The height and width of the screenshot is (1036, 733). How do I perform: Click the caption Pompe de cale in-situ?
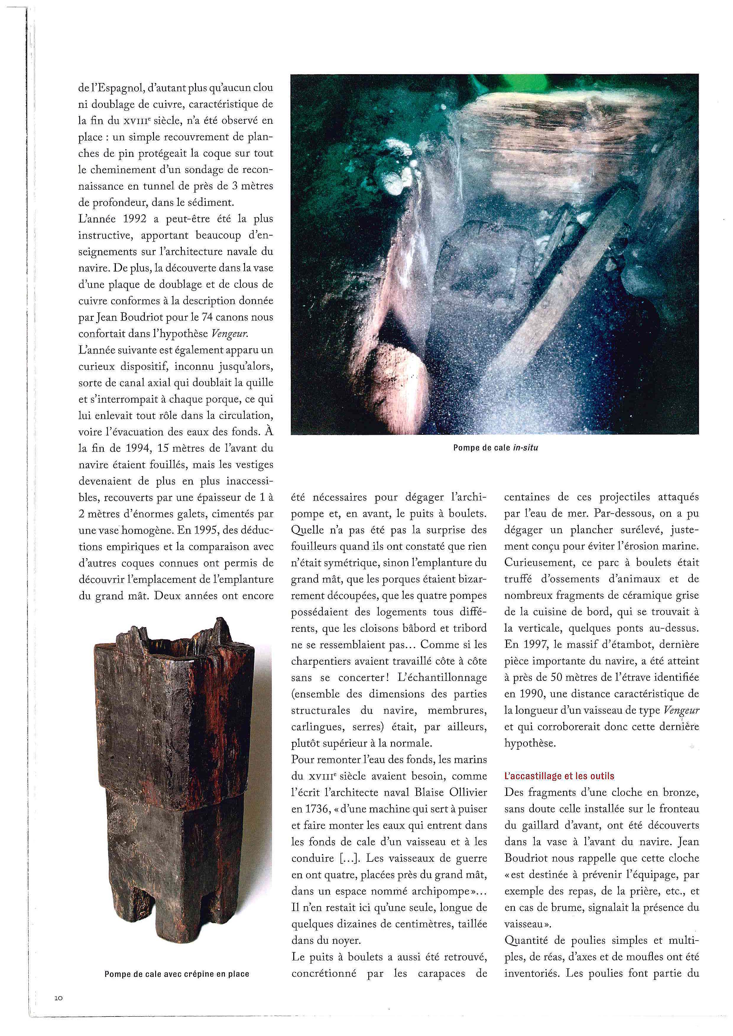point(496,448)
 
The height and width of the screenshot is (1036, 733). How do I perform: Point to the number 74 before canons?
point(207,317)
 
